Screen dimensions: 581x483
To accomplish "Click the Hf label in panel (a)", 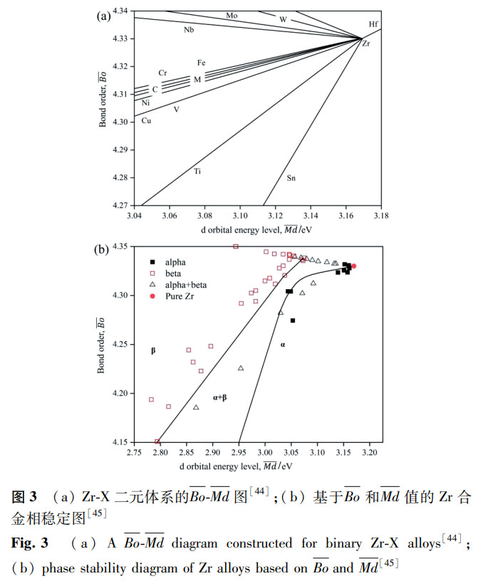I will pos(373,24).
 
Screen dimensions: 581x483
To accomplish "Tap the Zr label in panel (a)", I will pos(365,44).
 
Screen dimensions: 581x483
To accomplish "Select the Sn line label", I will pos(291,177).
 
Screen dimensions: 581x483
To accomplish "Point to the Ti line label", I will pos(197,172).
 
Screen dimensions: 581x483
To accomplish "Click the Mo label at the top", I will pos(232,15).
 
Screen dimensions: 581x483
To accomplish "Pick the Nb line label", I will pos(189,29).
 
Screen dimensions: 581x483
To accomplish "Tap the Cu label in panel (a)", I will pos(146,120).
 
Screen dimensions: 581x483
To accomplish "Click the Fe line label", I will pos(202,63).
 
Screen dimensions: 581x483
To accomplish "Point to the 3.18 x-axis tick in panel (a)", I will pos(381,215).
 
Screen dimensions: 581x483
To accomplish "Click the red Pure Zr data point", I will pos(353,266).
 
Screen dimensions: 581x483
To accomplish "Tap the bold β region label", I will pos(152,351).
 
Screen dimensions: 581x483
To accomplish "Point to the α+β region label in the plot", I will pos(219,397).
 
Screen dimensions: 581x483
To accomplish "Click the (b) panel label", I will pos(102,249).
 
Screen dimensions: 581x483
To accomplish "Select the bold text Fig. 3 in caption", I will pos(29,543).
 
